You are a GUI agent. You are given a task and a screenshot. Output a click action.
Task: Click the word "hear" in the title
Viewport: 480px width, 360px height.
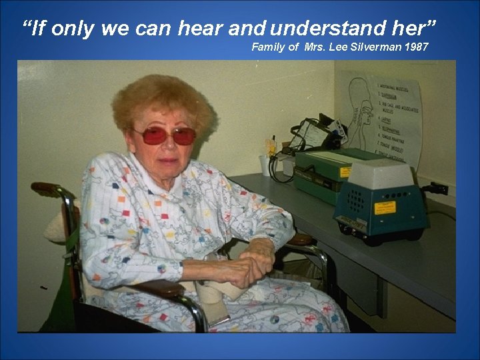point(201,29)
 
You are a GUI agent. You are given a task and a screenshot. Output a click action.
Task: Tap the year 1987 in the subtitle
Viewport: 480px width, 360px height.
point(415,47)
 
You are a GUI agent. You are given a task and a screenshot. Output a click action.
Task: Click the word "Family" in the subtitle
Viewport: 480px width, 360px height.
point(267,47)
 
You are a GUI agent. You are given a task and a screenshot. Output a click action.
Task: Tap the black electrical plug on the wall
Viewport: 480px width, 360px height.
point(438,188)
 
